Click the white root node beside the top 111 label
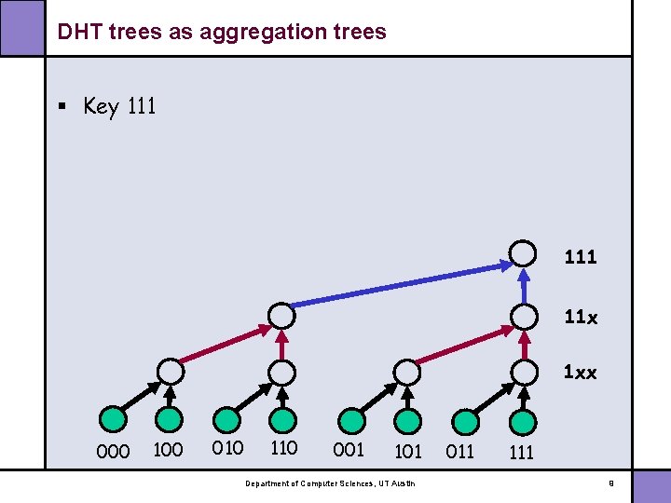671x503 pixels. point(525,253)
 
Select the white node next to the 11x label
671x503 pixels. point(525,316)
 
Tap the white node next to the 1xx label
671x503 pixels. point(525,372)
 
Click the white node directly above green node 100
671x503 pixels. point(170,372)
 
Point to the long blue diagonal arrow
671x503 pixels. point(401,285)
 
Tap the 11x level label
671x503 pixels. point(581,318)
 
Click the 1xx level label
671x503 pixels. point(581,373)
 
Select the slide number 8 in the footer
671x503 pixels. point(610,483)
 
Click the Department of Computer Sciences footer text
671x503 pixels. point(331,483)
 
